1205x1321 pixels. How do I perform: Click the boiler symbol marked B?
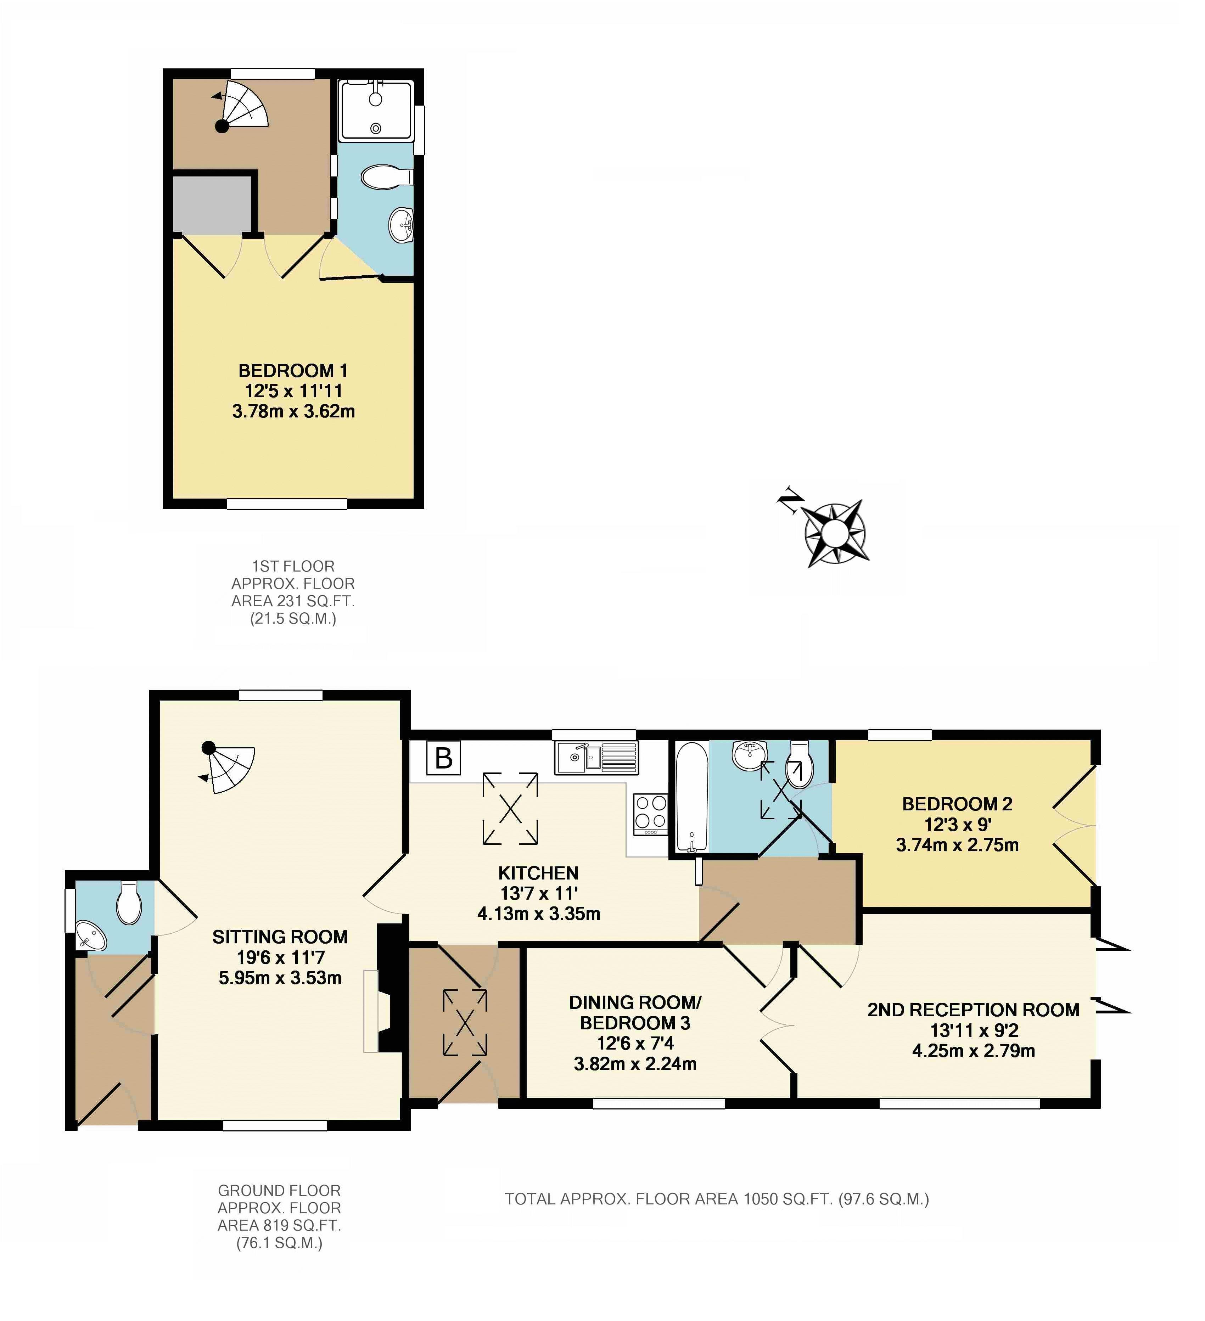point(444,758)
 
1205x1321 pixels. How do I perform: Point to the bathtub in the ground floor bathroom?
point(691,796)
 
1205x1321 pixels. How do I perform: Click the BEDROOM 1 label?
point(293,371)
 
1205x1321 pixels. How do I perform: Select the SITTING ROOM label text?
point(280,937)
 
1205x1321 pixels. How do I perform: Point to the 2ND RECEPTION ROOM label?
point(973,1010)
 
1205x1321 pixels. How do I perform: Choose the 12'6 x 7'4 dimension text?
point(635,1043)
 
